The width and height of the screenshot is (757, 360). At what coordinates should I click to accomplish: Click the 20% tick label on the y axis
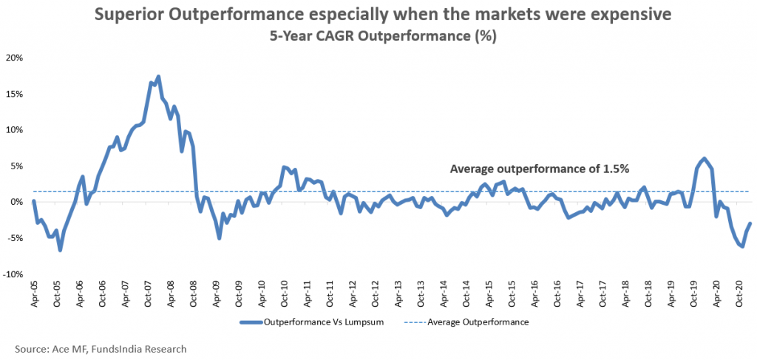pyautogui.click(x=14, y=58)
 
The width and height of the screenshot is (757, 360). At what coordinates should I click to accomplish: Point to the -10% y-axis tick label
pyautogui.click(x=13, y=274)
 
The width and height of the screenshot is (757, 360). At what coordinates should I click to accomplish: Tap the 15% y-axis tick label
pyautogui.click(x=14, y=94)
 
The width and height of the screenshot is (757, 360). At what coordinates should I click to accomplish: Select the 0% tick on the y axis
pyautogui.click(x=17, y=202)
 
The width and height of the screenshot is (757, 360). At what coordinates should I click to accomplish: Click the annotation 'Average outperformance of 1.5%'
pyautogui.click(x=539, y=169)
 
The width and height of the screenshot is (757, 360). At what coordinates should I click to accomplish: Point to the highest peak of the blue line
pyautogui.click(x=158, y=77)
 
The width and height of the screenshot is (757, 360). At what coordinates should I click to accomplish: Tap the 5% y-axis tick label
pyautogui.click(x=17, y=166)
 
